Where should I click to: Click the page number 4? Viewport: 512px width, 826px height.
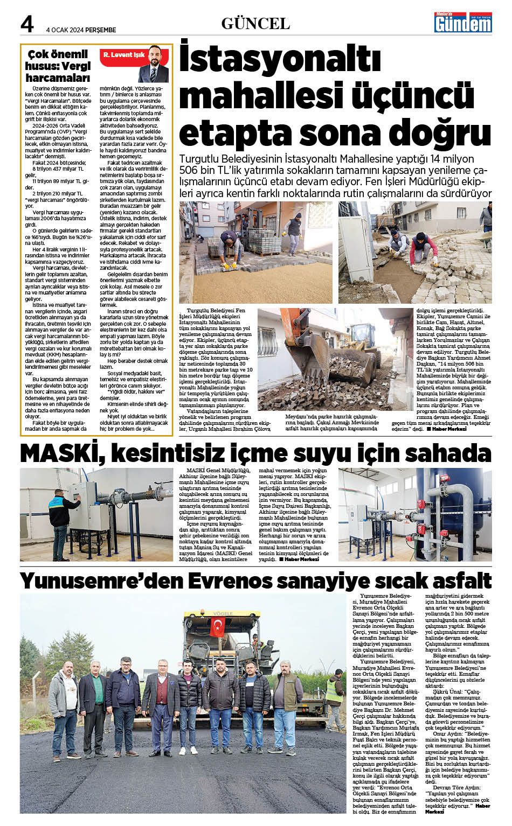coord(27,24)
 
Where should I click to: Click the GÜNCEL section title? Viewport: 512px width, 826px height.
coord(255,24)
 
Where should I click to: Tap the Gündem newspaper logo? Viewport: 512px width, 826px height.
coord(463,22)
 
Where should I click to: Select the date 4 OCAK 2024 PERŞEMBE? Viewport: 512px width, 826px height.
coord(81,30)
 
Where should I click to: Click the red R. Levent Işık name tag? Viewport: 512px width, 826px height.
coord(123,55)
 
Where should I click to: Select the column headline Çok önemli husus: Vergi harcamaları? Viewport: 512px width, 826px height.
coord(58,66)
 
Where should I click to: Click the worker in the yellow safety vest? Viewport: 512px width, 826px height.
coord(334,700)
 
